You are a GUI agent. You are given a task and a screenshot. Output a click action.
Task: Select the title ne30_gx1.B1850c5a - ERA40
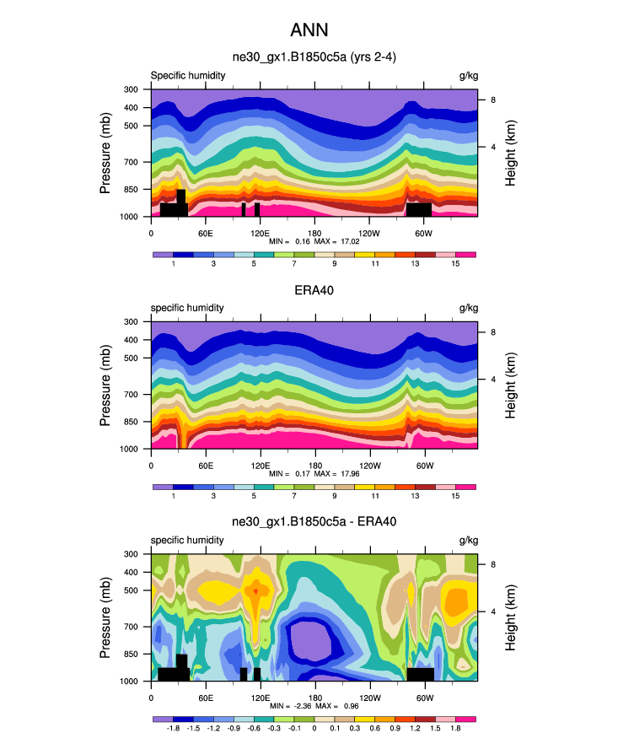[x=314, y=522]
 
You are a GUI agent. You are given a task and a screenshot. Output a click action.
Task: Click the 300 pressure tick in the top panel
[x=131, y=89]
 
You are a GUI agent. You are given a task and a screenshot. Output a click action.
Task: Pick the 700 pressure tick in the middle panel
[x=131, y=394]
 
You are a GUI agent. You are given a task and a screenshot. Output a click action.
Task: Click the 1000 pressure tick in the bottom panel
[x=129, y=681]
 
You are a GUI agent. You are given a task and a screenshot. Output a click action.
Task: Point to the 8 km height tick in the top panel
[x=493, y=100]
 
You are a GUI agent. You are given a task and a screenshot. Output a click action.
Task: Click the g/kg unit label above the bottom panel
[x=467, y=540]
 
